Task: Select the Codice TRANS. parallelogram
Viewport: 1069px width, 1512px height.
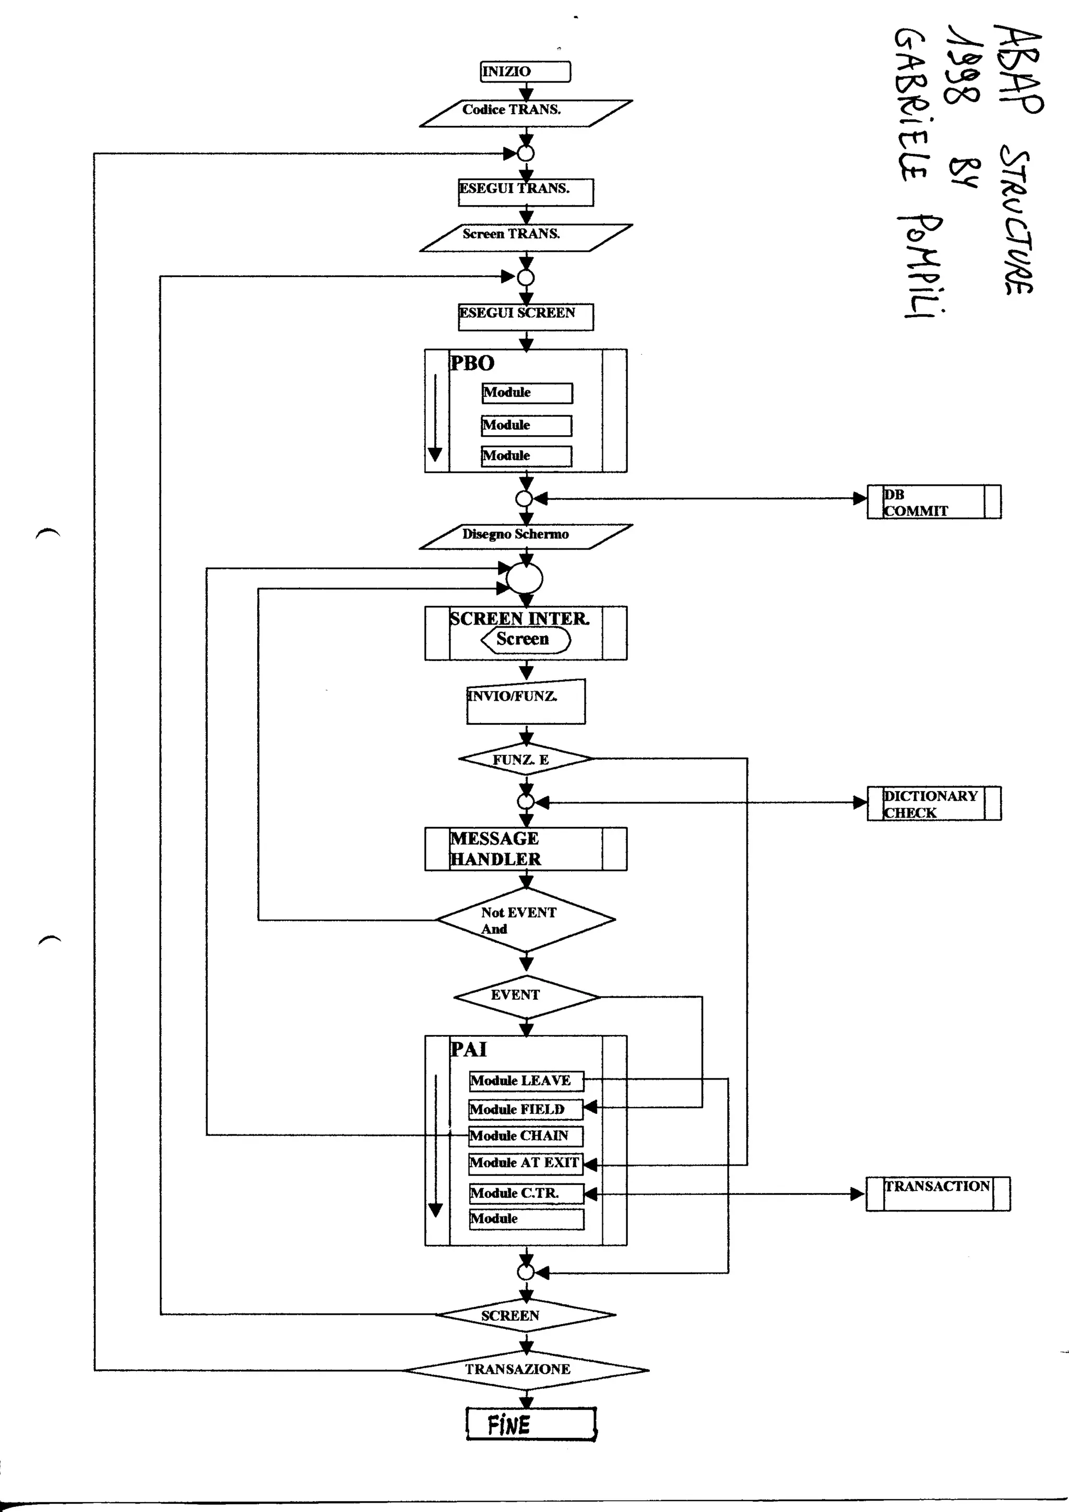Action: (x=525, y=113)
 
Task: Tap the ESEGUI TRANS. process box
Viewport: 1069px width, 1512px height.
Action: (x=525, y=193)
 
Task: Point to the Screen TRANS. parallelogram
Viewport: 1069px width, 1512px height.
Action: (x=525, y=237)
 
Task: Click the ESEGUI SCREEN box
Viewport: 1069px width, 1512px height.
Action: (x=525, y=317)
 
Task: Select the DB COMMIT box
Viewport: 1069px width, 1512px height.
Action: (x=933, y=502)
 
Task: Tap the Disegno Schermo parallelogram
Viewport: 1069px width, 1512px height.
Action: (x=525, y=536)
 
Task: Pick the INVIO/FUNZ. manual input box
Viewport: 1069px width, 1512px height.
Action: (x=525, y=702)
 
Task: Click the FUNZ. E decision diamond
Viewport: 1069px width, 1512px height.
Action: (x=525, y=759)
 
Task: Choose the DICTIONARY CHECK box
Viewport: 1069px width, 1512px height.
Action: (x=933, y=803)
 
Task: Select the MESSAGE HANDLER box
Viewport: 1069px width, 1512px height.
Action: (x=525, y=849)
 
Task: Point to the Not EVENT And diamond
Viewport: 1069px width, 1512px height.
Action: (x=525, y=920)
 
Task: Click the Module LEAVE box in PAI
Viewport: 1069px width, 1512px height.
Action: (x=526, y=1081)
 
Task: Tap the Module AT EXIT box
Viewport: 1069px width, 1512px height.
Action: (x=525, y=1163)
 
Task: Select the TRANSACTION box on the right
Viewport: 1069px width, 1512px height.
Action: (x=937, y=1194)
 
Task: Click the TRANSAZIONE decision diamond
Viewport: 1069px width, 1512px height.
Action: (x=525, y=1370)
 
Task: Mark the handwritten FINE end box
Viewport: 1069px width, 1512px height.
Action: (x=530, y=1425)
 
